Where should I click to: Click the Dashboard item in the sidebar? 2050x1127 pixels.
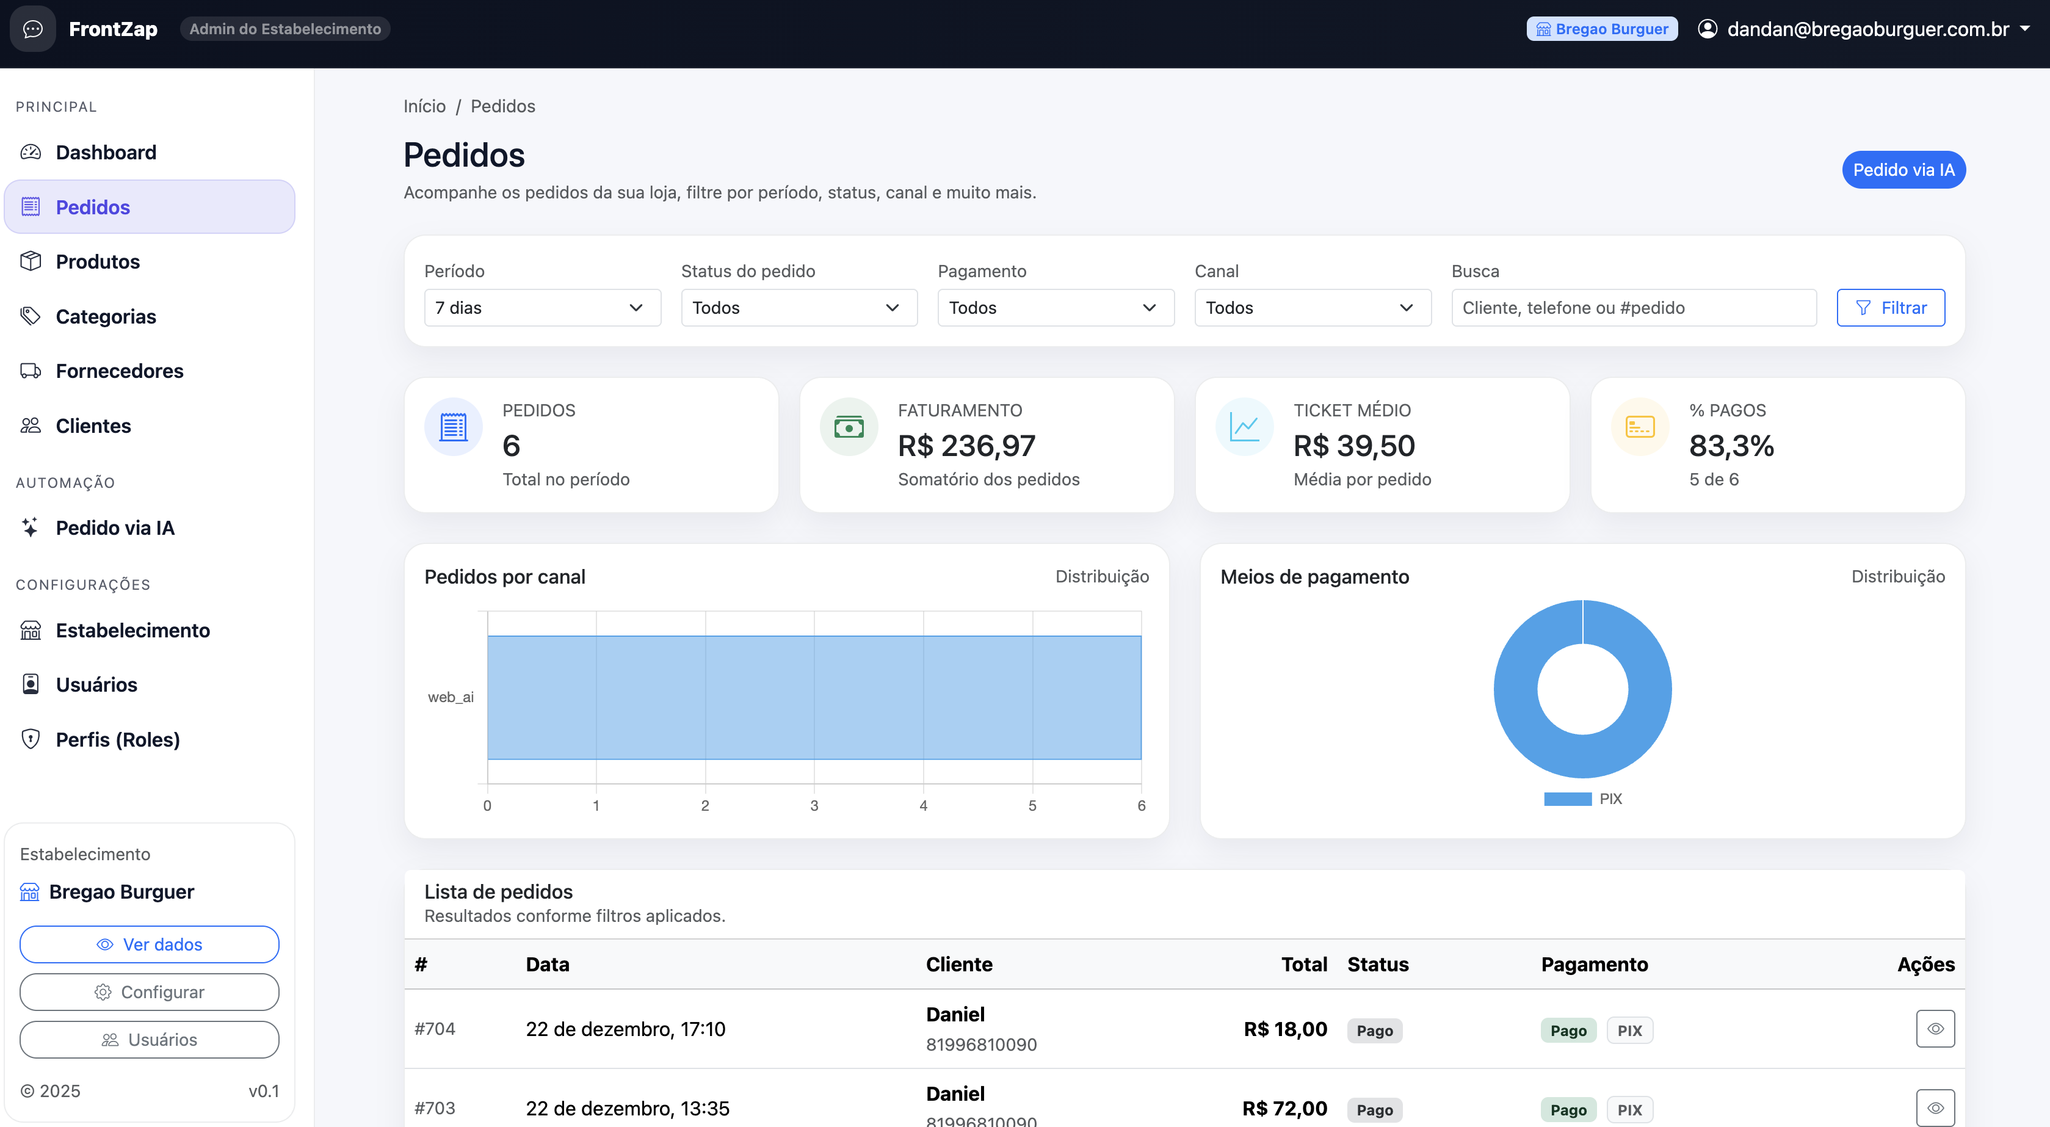105,152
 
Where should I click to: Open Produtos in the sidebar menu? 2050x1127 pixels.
97,261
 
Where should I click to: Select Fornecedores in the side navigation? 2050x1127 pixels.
120,371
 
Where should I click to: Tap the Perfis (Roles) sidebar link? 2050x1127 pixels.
117,739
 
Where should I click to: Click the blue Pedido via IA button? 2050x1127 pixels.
1903,170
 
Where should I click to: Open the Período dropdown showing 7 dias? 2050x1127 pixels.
542,308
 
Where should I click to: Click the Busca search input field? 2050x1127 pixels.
1633,308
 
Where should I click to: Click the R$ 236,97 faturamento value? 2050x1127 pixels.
966,446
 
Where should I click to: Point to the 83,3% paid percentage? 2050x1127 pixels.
1731,446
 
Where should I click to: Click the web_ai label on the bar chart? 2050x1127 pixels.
451,697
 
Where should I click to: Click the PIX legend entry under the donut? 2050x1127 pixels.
1609,799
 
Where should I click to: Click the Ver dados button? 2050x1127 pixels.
150,944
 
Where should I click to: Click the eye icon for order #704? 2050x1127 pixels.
1935,1029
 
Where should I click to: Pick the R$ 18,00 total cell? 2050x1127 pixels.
1284,1029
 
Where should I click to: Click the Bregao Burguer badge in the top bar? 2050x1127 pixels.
1601,29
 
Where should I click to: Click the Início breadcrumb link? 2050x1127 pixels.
424,106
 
